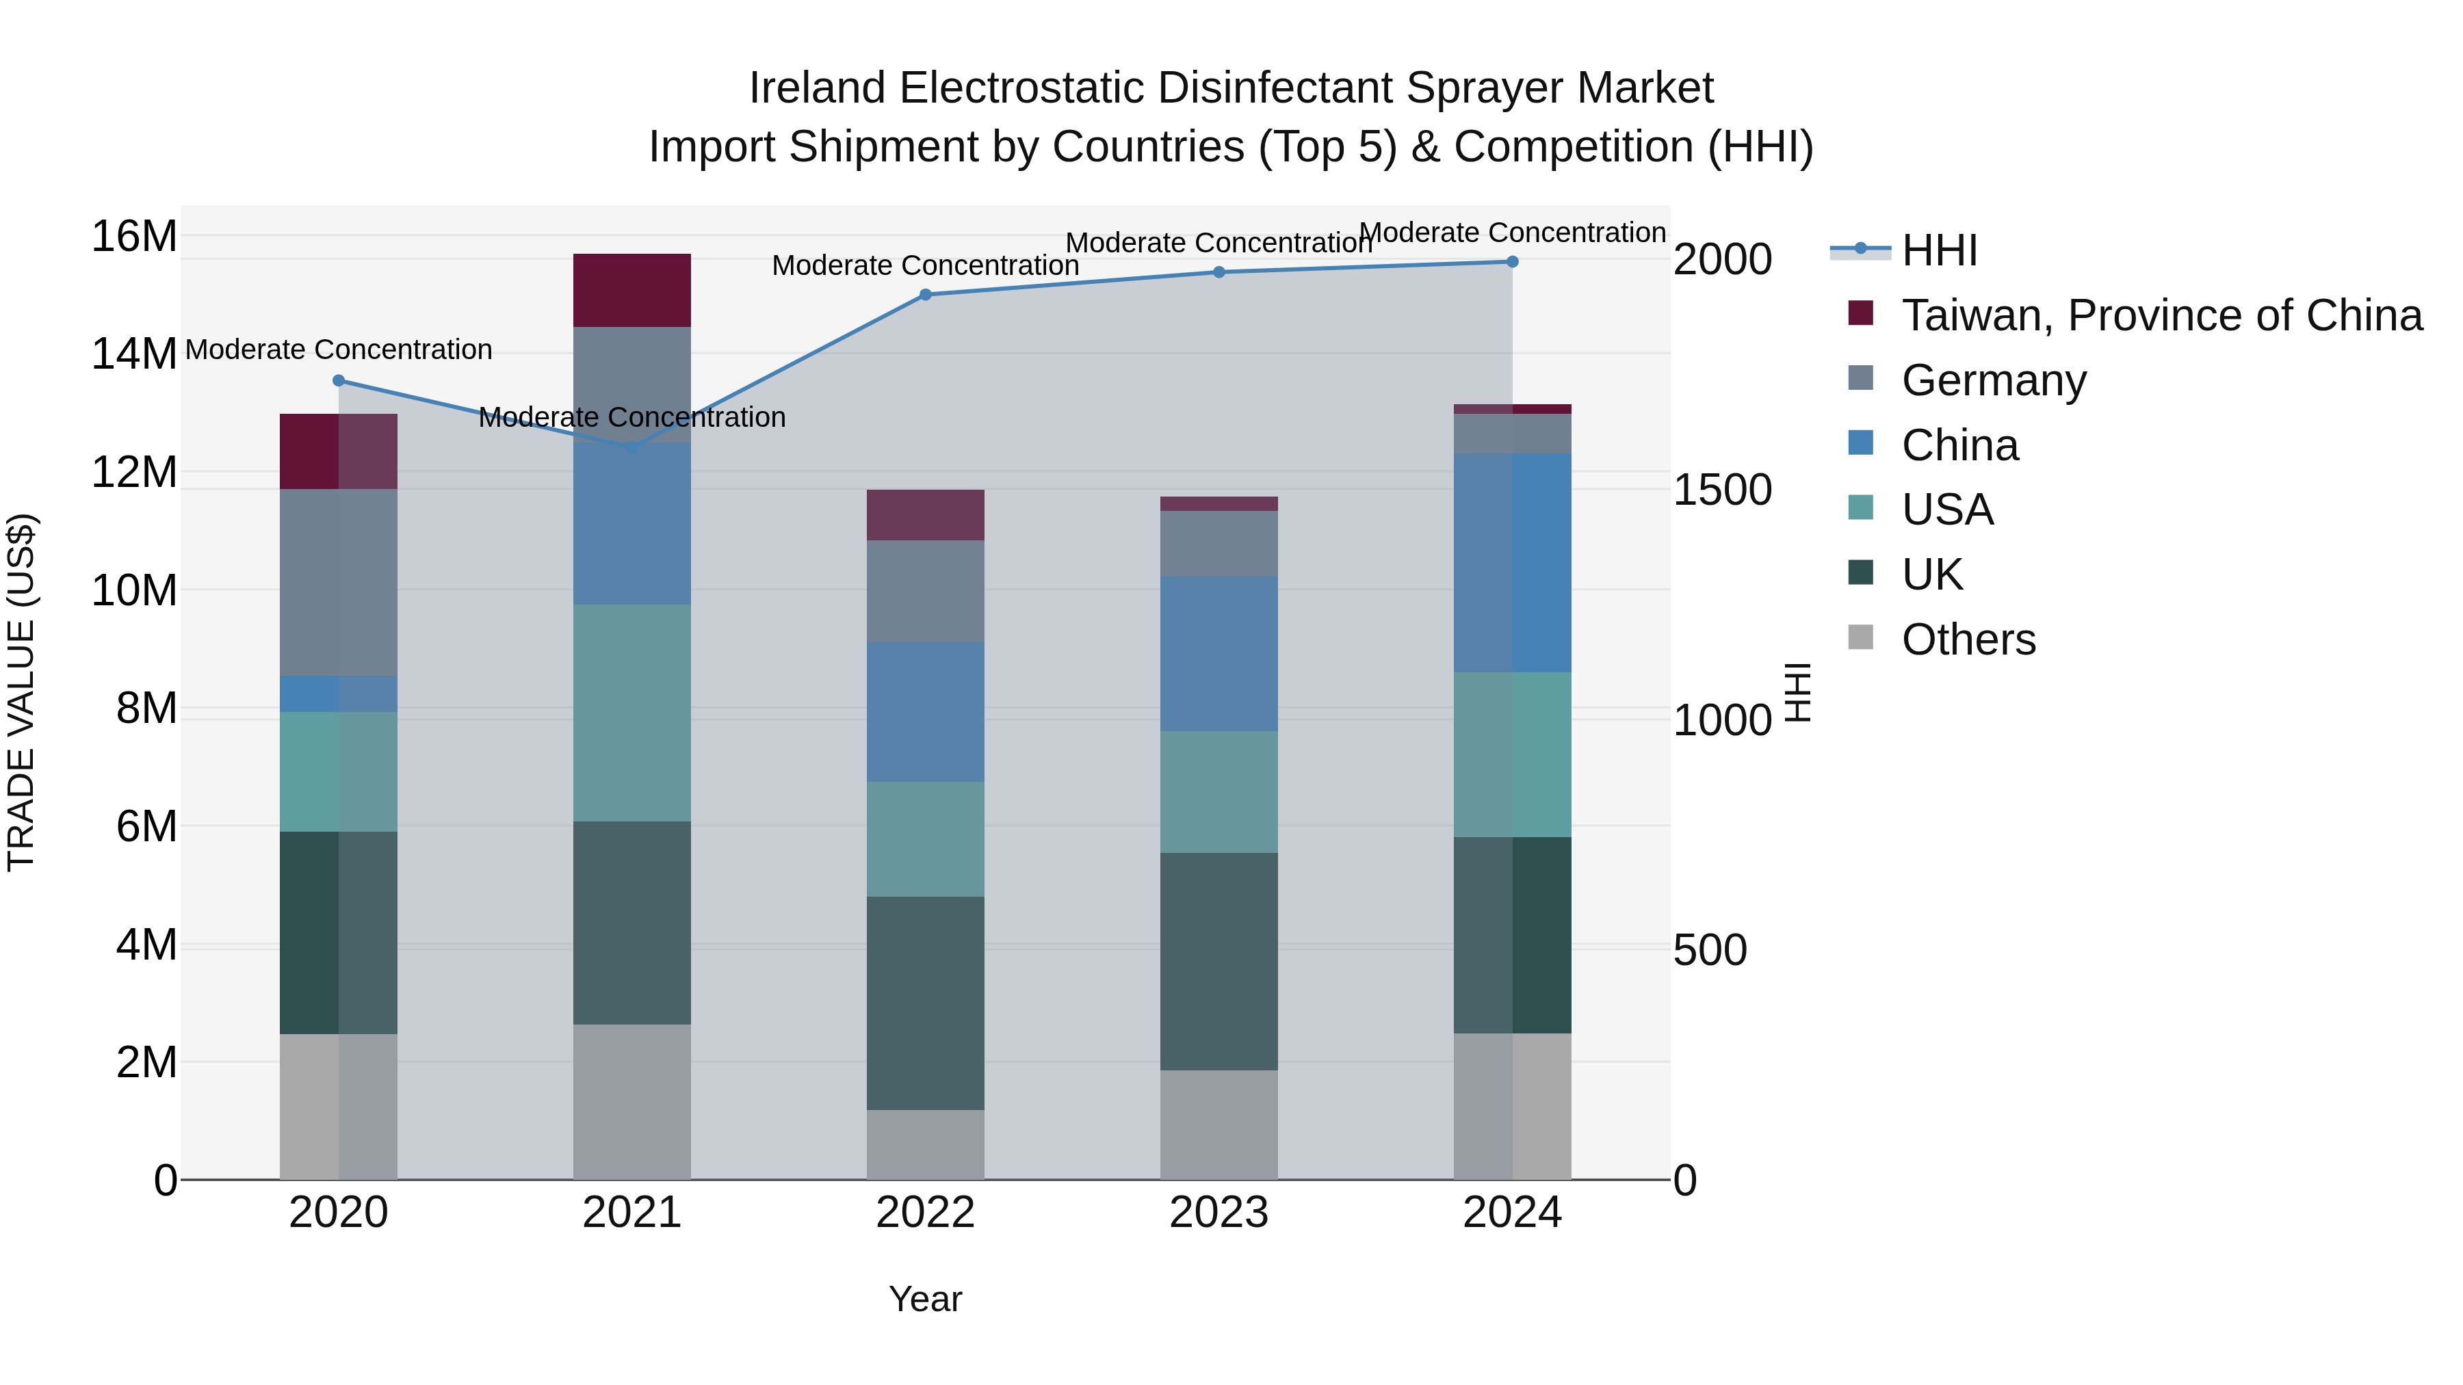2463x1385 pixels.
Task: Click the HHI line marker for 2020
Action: click(x=339, y=380)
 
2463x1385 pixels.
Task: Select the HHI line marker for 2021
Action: click(x=632, y=447)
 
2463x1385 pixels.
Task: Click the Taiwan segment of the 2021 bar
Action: click(x=632, y=291)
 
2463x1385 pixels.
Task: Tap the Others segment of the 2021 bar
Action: click(x=632, y=1101)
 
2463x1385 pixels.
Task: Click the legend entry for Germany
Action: click(x=1994, y=380)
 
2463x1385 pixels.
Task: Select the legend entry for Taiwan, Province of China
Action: click(x=2161, y=315)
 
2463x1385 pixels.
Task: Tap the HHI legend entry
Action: click(x=1938, y=250)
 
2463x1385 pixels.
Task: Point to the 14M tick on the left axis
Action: click(x=134, y=354)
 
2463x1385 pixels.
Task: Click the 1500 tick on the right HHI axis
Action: click(x=1722, y=490)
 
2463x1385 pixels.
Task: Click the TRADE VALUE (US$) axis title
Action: click(x=21, y=692)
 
